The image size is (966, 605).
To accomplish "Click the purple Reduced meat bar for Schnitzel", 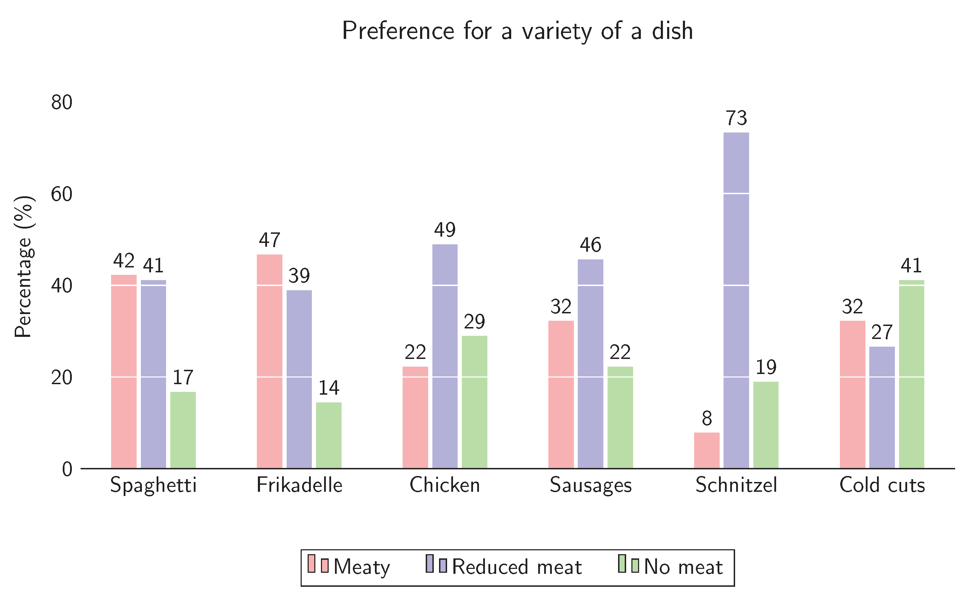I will click(x=736, y=300).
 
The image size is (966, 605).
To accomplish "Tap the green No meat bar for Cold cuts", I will click(x=912, y=374).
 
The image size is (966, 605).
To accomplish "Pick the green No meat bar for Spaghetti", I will click(x=183, y=430).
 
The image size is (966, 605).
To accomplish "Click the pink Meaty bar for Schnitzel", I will click(x=706, y=450).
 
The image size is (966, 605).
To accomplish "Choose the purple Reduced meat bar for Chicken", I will click(x=445, y=356).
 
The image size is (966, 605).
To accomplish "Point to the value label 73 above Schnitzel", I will click(x=736, y=118).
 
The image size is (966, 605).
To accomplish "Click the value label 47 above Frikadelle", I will click(x=269, y=240).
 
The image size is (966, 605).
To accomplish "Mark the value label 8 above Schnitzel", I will click(x=707, y=419).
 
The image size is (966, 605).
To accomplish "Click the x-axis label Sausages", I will click(x=590, y=485).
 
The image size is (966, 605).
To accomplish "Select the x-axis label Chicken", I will click(x=444, y=485).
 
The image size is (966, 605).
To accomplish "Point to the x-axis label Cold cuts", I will click(x=882, y=485).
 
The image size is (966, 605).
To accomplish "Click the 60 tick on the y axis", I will click(x=62, y=195).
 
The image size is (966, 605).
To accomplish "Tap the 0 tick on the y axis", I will click(x=67, y=469).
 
